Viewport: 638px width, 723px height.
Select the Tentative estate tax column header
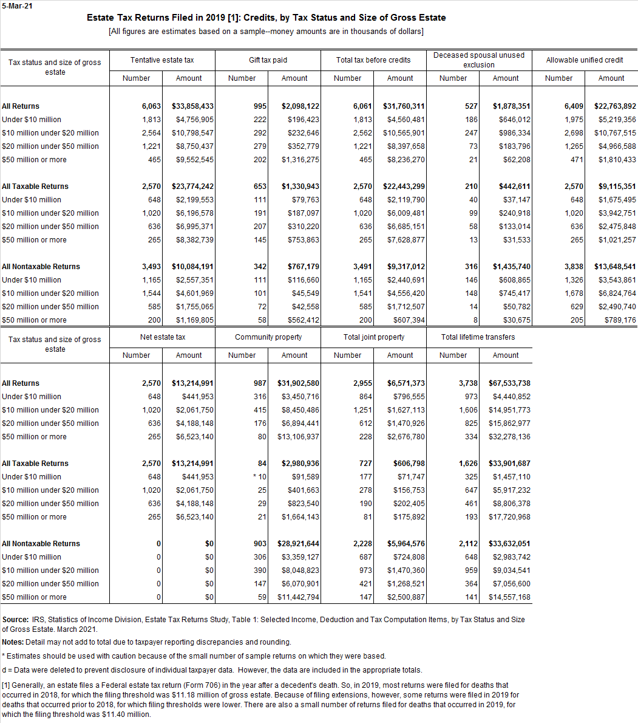click(162, 60)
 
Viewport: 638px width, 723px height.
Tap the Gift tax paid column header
click(268, 60)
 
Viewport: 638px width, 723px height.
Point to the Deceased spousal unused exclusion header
click(478, 60)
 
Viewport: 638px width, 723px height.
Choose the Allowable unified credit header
click(584, 60)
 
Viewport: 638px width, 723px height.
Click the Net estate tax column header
click(162, 337)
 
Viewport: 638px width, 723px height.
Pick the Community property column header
click(268, 337)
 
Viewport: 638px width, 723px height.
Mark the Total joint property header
click(373, 337)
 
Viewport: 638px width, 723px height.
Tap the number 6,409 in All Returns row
click(573, 106)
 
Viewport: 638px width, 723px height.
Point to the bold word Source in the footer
click(15, 620)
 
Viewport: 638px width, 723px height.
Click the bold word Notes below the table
click(13, 642)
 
